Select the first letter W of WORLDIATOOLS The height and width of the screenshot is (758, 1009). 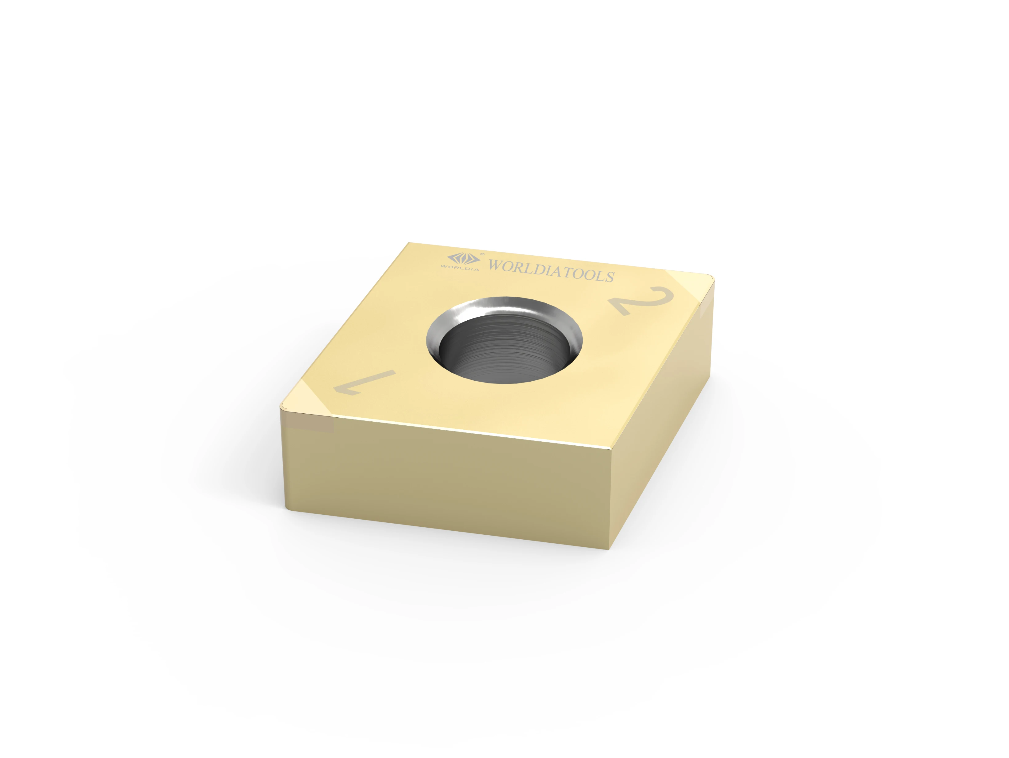click(496, 265)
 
